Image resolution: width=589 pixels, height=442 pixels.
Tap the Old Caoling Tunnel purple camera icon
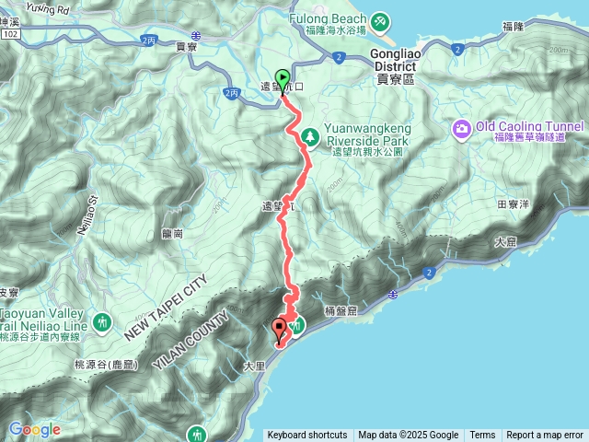461,127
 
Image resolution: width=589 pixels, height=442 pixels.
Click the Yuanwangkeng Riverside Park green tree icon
311,136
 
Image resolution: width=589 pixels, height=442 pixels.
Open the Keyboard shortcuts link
307,436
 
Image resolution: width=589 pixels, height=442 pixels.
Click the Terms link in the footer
482,436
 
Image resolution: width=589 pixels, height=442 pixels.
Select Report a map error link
545,436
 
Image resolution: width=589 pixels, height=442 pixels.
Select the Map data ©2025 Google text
409,436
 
